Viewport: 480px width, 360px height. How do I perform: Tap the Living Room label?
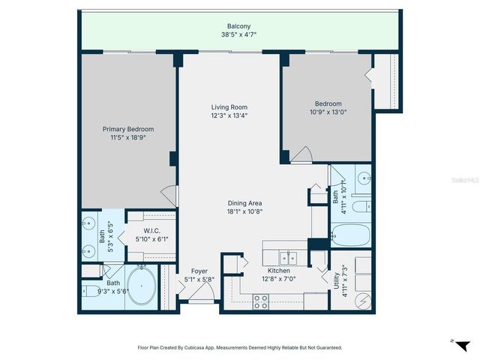[229, 107]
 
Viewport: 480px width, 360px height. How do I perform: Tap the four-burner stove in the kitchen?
[261, 301]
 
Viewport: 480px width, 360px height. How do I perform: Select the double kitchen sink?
[291, 258]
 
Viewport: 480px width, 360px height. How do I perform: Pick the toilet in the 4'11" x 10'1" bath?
[361, 206]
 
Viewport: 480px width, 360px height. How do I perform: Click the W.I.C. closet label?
[150, 231]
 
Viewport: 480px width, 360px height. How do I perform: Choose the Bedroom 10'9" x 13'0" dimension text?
[328, 112]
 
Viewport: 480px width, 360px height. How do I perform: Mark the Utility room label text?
[334, 280]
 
